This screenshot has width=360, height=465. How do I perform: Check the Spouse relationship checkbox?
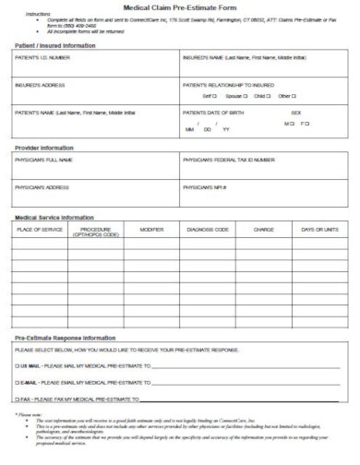pos(246,96)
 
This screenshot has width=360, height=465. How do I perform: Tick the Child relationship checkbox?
pos(270,96)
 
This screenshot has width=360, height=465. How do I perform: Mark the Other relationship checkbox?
pos(295,96)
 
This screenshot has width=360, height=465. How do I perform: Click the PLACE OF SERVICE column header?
pos(38,228)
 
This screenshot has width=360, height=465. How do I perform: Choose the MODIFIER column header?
pos(151,228)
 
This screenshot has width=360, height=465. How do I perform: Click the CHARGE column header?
pos(264,228)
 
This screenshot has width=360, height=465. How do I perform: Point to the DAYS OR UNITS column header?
pos(320,228)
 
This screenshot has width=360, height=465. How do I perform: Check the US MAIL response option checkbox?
pos(17,365)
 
